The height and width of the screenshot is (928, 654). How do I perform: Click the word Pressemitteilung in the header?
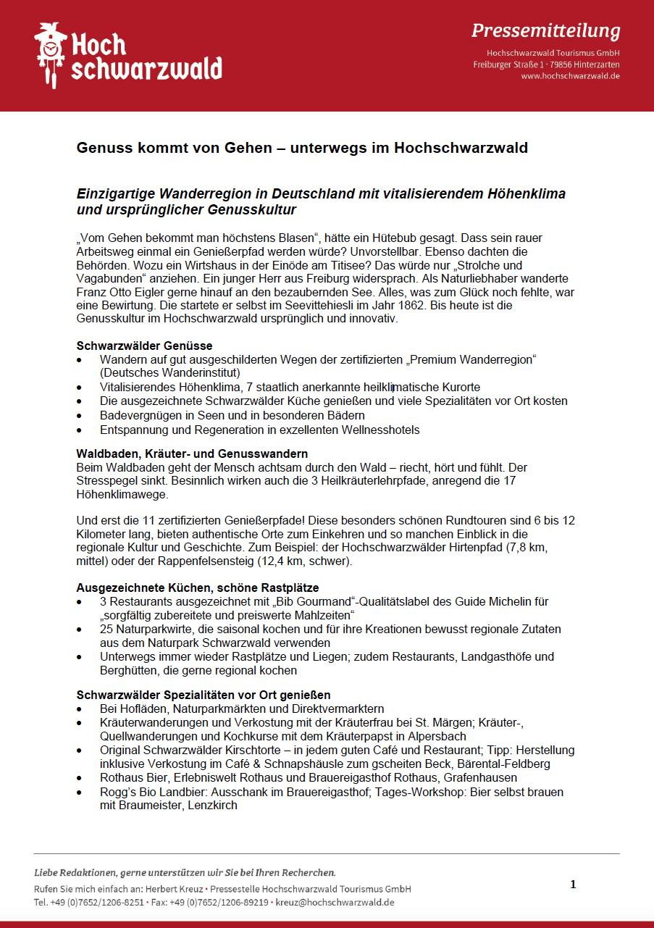click(545, 30)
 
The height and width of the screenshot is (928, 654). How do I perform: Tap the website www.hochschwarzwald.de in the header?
click(570, 76)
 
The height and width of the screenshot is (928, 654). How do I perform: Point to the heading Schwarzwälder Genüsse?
click(145, 346)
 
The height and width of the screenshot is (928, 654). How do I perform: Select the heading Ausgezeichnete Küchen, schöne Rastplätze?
click(198, 588)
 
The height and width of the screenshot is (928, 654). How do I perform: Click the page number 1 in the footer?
click(573, 884)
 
